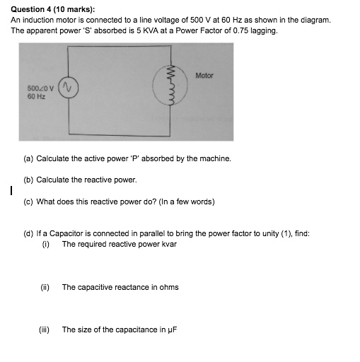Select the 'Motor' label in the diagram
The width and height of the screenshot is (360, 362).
click(x=204, y=76)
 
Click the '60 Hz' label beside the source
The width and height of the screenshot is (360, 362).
click(x=35, y=95)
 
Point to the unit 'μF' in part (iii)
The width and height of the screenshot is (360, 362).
click(x=170, y=329)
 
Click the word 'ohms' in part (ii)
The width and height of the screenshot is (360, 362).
click(x=169, y=287)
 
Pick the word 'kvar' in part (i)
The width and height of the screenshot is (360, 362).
click(x=167, y=244)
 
